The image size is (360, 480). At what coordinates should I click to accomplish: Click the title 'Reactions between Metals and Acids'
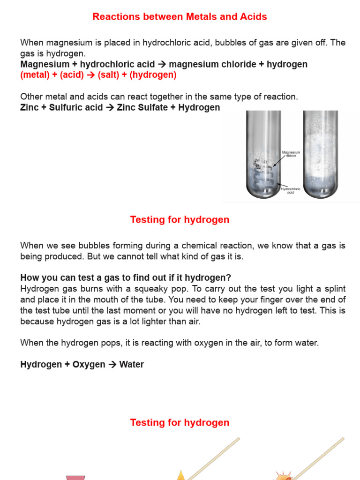(180, 17)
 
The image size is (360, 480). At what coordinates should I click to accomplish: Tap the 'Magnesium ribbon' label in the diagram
(291, 154)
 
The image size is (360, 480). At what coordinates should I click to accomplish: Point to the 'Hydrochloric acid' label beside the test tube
(290, 190)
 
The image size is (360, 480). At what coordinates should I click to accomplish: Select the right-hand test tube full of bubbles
(320, 155)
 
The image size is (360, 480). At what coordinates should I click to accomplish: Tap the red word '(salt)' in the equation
(109, 75)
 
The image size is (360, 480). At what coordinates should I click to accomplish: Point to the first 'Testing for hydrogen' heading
(180, 220)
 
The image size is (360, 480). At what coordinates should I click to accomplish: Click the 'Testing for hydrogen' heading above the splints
(180, 423)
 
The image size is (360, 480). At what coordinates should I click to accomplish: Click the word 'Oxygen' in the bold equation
(89, 364)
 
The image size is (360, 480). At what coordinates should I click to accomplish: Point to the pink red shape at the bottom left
(75, 477)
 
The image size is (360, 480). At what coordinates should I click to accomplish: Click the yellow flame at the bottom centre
(180, 476)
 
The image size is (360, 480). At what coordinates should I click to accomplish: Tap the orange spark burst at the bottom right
(283, 476)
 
